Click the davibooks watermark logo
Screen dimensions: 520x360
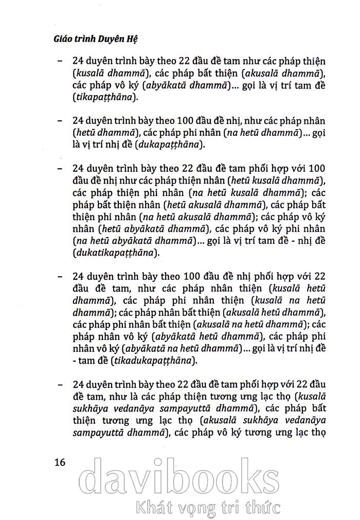(180, 478)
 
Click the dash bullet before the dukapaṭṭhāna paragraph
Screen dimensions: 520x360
(61, 122)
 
